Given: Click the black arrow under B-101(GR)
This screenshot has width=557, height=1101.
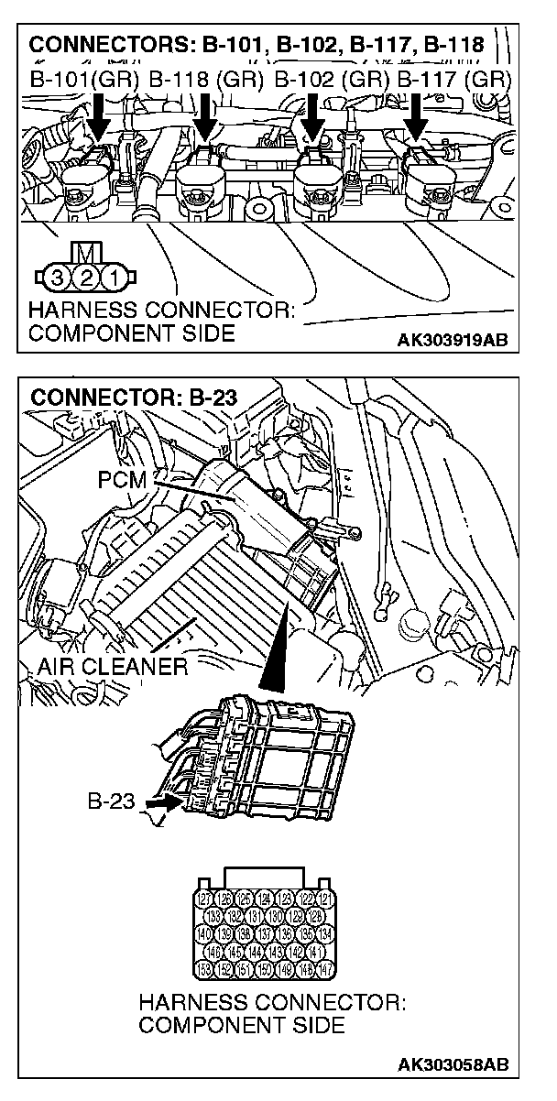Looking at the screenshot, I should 99,119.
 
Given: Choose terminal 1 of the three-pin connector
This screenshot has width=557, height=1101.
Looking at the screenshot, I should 109,275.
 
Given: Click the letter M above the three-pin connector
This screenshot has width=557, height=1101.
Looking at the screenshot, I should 83,251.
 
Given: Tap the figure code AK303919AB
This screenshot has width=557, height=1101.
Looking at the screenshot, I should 452,341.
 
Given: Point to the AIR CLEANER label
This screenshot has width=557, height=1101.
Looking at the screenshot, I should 113,666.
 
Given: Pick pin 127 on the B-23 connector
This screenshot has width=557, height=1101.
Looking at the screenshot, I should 205,899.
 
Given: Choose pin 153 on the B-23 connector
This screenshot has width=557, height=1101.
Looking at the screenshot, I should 204,969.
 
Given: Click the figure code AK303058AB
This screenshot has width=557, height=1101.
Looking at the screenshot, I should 452,1065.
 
